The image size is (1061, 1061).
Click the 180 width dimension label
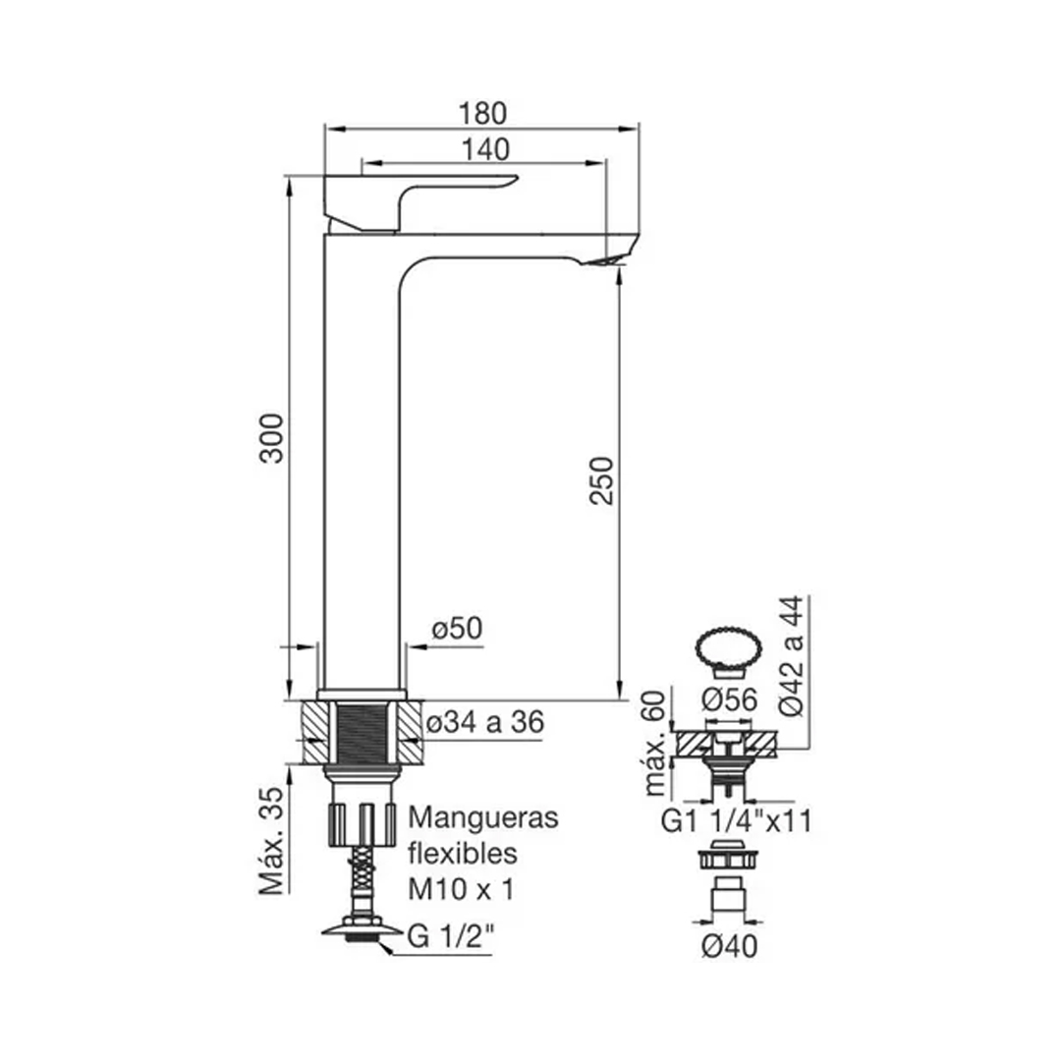[482, 114]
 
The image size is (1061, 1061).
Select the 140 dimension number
[485, 149]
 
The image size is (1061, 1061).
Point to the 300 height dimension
[273, 438]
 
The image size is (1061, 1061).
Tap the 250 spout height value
[601, 480]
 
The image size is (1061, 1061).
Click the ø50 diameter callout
[458, 629]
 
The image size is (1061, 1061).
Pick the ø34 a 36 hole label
[485, 723]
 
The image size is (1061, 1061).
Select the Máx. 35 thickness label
[273, 841]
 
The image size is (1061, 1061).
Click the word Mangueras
[483, 818]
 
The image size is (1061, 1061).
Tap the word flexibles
[463, 854]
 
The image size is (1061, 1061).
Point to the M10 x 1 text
[461, 889]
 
